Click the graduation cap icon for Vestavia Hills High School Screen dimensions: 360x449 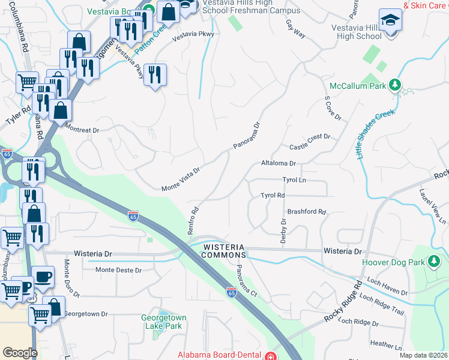click(x=390, y=21)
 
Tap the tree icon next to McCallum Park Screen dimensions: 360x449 click(x=396, y=85)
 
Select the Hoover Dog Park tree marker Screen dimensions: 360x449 click(x=433, y=262)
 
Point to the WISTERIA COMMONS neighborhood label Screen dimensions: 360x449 click(x=223, y=251)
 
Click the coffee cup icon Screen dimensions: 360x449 click(x=43, y=276)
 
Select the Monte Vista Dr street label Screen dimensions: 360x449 click(x=180, y=179)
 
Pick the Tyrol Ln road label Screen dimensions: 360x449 click(x=294, y=180)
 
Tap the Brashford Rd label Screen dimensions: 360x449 click(x=306, y=212)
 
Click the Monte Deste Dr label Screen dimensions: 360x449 click(x=119, y=270)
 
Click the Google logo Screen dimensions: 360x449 click(x=20, y=353)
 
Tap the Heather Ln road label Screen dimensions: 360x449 click(x=387, y=344)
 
